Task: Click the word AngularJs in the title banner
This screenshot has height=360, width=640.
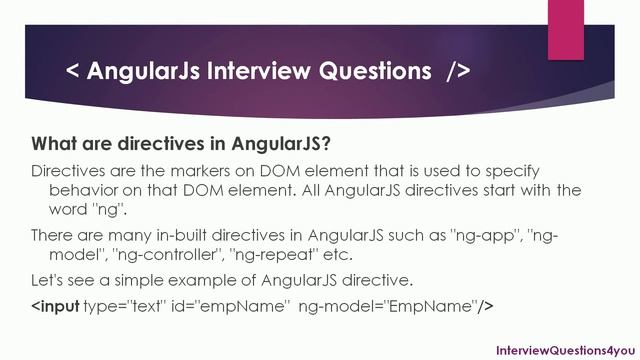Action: (147, 72)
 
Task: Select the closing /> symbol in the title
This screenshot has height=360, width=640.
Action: (451, 72)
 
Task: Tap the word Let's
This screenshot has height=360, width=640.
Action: (49, 278)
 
